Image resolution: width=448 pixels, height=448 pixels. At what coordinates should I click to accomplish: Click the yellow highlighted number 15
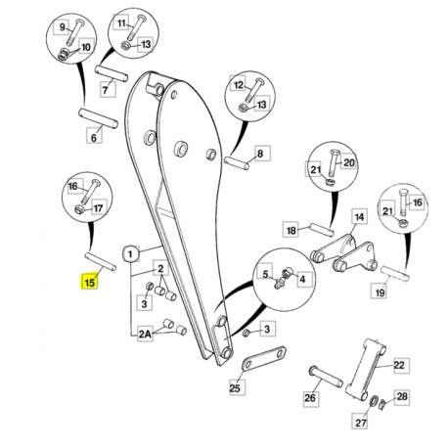pyautogui.click(x=89, y=282)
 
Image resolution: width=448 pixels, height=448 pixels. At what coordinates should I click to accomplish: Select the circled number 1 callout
pyautogui.click(x=130, y=254)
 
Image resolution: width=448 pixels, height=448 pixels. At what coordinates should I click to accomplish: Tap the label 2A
pyautogui.click(x=146, y=334)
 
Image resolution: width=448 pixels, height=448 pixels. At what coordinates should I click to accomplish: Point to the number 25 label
pyautogui.click(x=235, y=388)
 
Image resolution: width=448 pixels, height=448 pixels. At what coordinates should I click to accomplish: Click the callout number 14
pyautogui.click(x=359, y=217)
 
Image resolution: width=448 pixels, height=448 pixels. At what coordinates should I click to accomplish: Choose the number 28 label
pyautogui.click(x=402, y=396)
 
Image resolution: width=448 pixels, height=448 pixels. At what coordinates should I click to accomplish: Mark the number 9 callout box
pyautogui.click(x=62, y=27)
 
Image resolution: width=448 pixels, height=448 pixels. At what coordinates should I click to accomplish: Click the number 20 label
pyautogui.click(x=349, y=162)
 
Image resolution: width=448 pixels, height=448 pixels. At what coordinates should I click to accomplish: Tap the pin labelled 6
pyautogui.click(x=98, y=118)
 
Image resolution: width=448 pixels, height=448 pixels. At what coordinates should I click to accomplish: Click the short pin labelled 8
pyautogui.click(x=237, y=163)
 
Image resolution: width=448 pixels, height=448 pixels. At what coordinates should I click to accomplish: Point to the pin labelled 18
pyautogui.click(x=322, y=229)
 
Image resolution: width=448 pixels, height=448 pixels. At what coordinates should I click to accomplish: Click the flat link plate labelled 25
pyautogui.click(x=264, y=359)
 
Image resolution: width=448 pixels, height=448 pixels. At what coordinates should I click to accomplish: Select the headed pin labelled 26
pyautogui.click(x=326, y=376)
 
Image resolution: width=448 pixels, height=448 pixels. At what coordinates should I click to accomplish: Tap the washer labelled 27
pyautogui.click(x=374, y=401)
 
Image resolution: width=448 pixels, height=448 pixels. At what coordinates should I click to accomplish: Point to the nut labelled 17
pyautogui.click(x=79, y=209)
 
